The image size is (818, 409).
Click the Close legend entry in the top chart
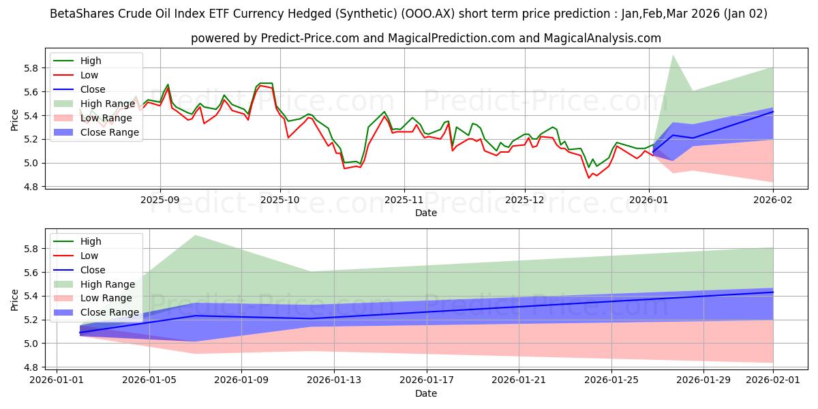coord(93,89)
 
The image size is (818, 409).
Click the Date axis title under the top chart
coord(426,213)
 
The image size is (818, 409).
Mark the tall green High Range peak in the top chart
coord(673,56)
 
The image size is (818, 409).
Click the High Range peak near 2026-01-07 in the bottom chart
coord(196,236)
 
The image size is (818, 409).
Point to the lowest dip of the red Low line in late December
coord(589,178)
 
